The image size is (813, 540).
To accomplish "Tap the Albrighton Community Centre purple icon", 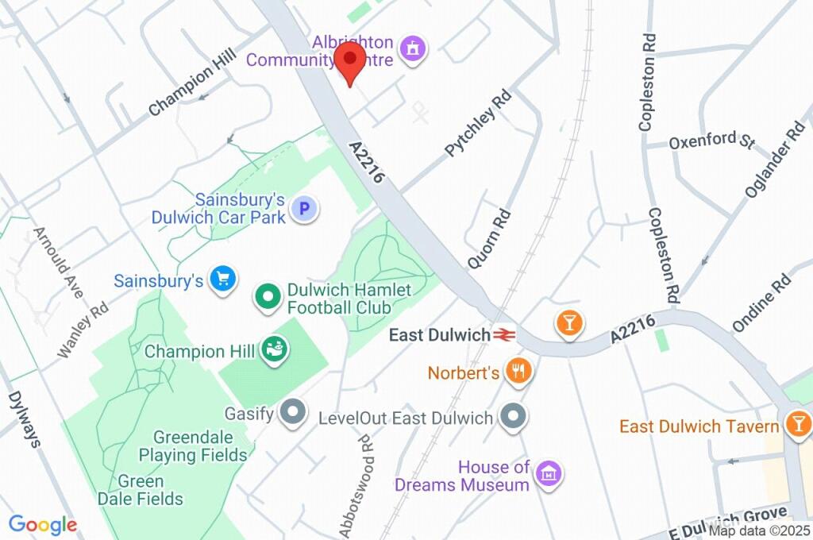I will (x=413, y=49).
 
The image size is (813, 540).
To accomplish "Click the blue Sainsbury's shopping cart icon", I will (x=222, y=279).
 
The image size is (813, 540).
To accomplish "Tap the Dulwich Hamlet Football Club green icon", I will (x=268, y=298).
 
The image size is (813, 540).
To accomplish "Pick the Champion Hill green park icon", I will (x=275, y=349).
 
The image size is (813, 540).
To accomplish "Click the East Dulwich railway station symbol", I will (x=502, y=335).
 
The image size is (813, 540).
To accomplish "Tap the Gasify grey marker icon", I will (x=294, y=413).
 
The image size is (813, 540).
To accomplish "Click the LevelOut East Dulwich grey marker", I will (x=512, y=416).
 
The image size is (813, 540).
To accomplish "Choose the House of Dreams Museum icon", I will (x=549, y=474).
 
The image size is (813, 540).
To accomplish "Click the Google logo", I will (x=43, y=524).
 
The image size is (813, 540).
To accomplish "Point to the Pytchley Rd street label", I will (x=478, y=123).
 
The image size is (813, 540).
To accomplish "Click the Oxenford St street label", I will (x=711, y=141).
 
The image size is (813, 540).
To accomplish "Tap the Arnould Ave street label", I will (x=58, y=263).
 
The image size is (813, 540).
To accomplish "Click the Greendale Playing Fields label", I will (x=192, y=445).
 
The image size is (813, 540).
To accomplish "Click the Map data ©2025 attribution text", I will (x=759, y=530).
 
